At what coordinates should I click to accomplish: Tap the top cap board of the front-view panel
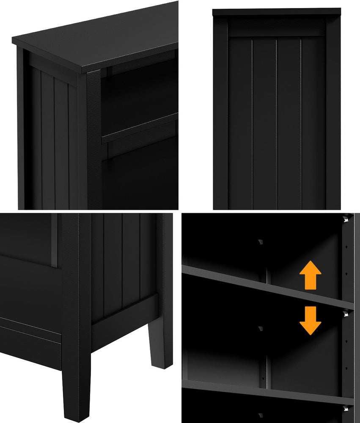[x=276, y=12]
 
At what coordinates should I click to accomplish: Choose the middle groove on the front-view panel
[x=277, y=123]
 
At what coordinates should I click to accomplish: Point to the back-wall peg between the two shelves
[x=260, y=329]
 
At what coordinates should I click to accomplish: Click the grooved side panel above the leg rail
[x=123, y=262]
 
